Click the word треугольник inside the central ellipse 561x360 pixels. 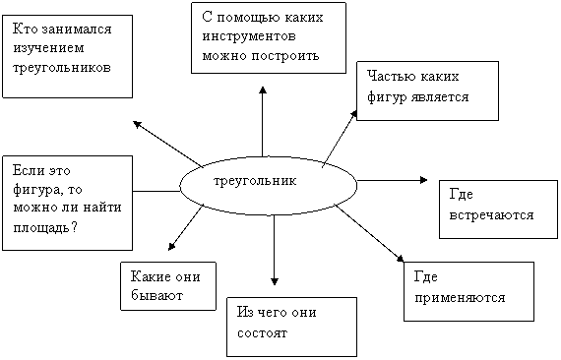(255, 181)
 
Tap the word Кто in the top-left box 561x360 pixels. (25, 29)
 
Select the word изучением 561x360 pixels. (48, 48)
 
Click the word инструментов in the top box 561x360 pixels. (249, 36)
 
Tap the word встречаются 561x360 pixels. (491, 215)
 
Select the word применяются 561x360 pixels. (460, 298)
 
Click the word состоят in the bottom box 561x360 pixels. (262, 333)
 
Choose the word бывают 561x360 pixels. (157, 295)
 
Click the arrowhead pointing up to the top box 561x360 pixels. (263, 90)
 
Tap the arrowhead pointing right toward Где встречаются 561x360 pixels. (424, 180)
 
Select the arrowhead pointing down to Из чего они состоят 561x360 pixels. (275, 281)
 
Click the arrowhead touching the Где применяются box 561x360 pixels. (401, 258)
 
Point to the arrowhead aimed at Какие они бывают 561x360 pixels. (171, 247)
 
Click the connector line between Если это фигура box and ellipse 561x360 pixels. (156, 191)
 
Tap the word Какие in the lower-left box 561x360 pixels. (146, 276)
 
